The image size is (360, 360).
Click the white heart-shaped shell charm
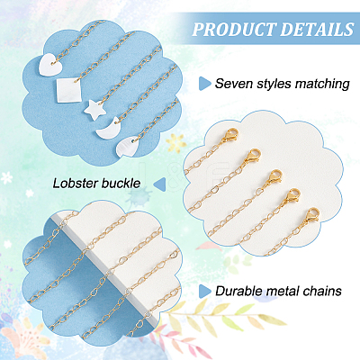coord(51,62)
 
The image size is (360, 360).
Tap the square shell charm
coord(69,90)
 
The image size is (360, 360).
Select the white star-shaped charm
coord(94,111)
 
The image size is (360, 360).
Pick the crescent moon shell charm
coord(109,128)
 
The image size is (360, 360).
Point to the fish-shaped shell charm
coord(127,146)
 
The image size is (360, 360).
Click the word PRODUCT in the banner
coord(234,29)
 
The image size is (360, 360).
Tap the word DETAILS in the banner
coord(318,29)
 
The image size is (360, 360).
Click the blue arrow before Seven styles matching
coord(204,84)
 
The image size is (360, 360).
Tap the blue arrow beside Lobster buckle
coord(159,184)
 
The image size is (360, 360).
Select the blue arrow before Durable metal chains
coord(204,291)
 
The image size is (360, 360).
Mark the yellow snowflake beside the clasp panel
coord(175,142)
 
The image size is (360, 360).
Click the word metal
coord(282,291)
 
